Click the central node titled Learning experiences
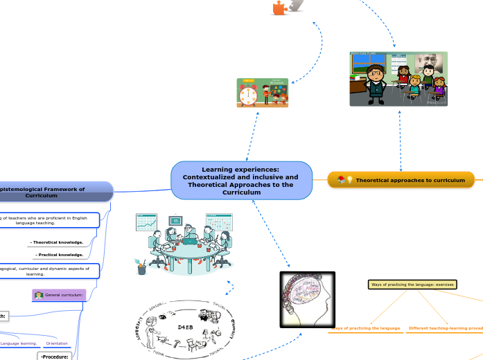coord(240,180)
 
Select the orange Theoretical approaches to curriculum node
coord(401,180)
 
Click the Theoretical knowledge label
coord(57,242)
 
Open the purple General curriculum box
coord(59,296)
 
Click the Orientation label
coord(57,343)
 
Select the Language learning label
coord(19,343)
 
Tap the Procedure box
coord(55,357)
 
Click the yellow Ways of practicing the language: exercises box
coord(412,285)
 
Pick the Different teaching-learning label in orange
coord(444,328)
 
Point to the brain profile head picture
coord(307,299)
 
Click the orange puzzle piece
coord(279,8)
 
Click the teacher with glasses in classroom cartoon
coord(376,82)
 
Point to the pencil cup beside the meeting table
coord(141,268)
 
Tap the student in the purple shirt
coord(438,89)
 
